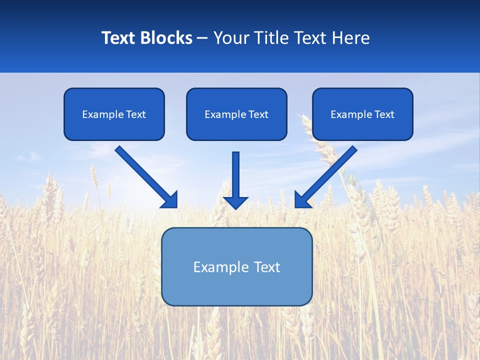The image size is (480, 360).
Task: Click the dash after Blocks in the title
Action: point(202,38)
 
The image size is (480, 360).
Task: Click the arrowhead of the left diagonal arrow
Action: point(170,200)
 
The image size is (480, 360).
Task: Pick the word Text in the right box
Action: point(384,114)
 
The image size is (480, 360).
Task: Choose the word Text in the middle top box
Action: point(258,114)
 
